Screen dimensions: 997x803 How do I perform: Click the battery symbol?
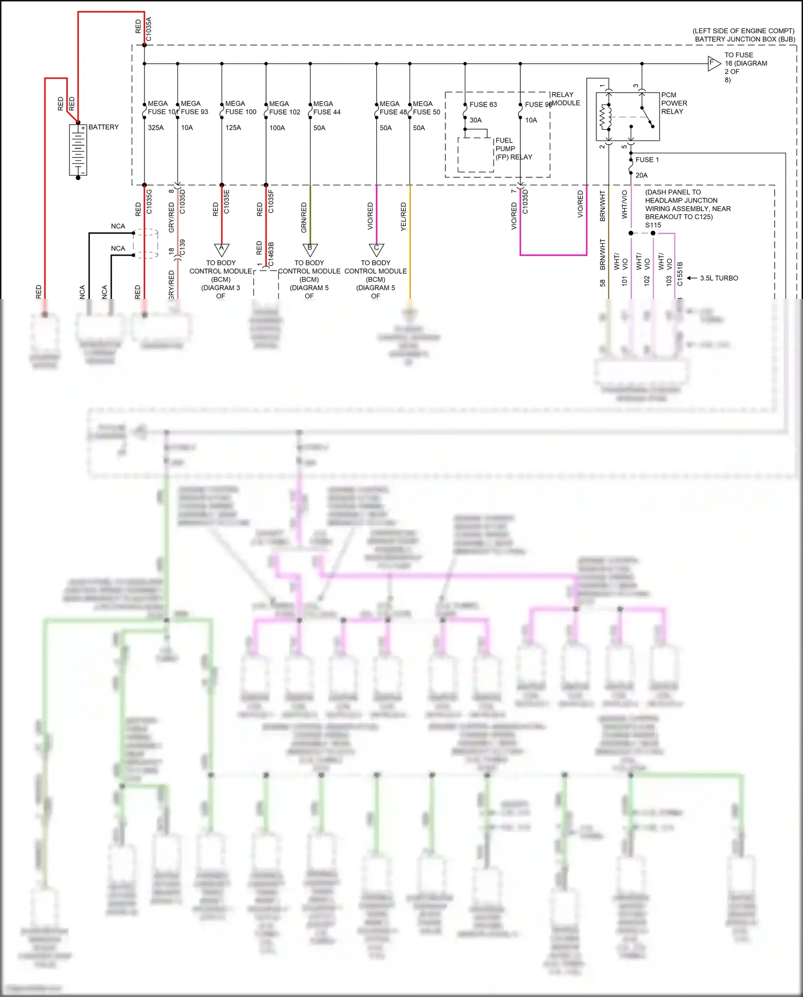(x=78, y=150)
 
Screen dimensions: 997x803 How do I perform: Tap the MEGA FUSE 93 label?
(x=194, y=108)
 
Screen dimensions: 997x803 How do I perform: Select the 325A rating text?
(x=156, y=128)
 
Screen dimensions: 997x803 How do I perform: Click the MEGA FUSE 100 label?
(x=240, y=108)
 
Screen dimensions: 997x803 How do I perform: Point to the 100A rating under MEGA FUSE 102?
(x=277, y=128)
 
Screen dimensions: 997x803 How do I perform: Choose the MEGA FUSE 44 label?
(x=327, y=108)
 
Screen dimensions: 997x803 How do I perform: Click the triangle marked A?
(x=222, y=250)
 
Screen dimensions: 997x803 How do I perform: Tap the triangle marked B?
(x=310, y=250)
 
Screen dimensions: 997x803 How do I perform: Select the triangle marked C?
(x=376, y=250)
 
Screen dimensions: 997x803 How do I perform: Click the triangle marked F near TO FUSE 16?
(x=714, y=63)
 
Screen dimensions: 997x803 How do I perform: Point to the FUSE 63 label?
(x=483, y=104)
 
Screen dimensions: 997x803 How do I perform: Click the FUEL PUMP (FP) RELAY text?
(x=513, y=149)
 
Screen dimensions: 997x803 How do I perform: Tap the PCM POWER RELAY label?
(x=674, y=103)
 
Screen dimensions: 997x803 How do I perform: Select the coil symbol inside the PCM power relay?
(x=605, y=117)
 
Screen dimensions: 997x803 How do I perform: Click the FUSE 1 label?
(x=647, y=160)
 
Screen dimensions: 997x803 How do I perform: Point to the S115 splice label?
(x=653, y=225)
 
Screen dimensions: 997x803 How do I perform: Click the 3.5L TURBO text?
(x=718, y=278)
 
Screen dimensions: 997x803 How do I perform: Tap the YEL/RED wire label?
(x=404, y=216)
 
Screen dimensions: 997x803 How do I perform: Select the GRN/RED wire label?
(x=304, y=217)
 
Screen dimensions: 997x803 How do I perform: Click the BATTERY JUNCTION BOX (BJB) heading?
(x=745, y=39)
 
